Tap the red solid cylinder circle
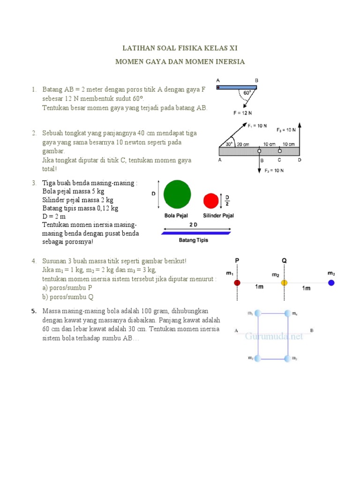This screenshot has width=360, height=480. pos(211,201)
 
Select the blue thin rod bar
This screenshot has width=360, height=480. pos(196,232)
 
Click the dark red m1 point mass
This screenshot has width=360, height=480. pos(237,283)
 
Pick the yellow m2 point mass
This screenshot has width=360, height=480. pos(284,283)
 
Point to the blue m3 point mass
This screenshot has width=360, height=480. pos(331,283)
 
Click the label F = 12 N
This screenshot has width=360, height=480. pos(242,113)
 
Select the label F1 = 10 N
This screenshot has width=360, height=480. pos(257,126)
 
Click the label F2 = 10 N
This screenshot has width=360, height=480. pos(274,171)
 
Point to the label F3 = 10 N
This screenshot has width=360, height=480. pos(286,129)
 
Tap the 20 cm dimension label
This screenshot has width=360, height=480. pos(243,144)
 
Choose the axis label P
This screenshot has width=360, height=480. pos(237,261)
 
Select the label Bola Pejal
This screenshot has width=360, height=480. pos(175,216)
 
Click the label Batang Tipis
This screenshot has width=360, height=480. pos(194,240)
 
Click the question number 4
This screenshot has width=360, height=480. pos(34,261)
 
